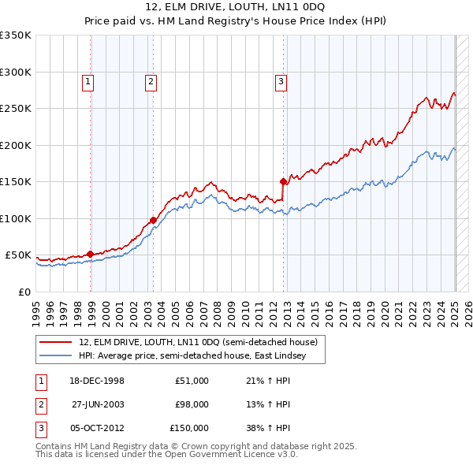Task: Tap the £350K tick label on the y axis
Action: pyautogui.click(x=16, y=35)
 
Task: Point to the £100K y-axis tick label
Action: pyautogui.click(x=16, y=218)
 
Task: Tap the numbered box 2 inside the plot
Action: pyautogui.click(x=150, y=80)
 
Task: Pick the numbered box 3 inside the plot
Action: pyautogui.click(x=281, y=80)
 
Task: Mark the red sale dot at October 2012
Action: pyautogui.click(x=283, y=181)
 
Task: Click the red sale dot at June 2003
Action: pyautogui.click(x=153, y=220)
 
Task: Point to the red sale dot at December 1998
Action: pyautogui.click(x=90, y=254)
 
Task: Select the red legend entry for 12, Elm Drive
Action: pyautogui.click(x=198, y=342)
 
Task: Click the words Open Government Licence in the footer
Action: pyautogui.click(x=233, y=455)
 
